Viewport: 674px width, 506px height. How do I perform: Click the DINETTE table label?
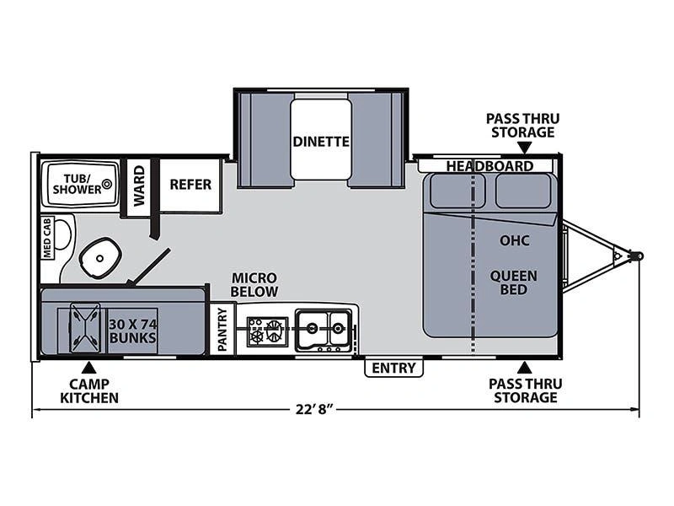(x=321, y=141)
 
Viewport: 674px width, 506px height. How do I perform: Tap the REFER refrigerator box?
(x=191, y=185)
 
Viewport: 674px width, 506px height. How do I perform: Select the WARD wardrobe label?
(x=139, y=186)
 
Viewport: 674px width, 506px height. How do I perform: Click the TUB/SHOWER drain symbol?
(x=107, y=184)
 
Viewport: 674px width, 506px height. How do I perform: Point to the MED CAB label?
(x=47, y=238)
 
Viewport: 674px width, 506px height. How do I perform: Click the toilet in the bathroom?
(x=99, y=258)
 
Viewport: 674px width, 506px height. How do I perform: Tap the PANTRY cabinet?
(x=222, y=329)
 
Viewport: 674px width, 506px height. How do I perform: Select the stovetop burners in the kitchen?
(x=267, y=331)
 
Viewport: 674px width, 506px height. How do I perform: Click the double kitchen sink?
(x=324, y=330)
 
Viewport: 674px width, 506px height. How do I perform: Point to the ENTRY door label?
(x=393, y=368)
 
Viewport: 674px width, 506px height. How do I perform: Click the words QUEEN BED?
(x=514, y=283)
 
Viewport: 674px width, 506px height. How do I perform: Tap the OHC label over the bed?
(x=514, y=240)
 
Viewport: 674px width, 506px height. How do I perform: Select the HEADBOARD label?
(x=489, y=166)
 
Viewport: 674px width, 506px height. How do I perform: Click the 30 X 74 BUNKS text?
(x=132, y=331)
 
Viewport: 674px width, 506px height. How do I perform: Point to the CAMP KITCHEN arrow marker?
(x=89, y=368)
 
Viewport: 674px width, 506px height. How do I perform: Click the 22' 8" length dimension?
(x=314, y=409)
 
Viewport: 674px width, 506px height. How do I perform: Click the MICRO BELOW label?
(x=254, y=284)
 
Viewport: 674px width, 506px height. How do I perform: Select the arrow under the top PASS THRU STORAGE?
(x=524, y=148)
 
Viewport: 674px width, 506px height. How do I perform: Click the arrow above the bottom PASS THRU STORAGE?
(x=524, y=368)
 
